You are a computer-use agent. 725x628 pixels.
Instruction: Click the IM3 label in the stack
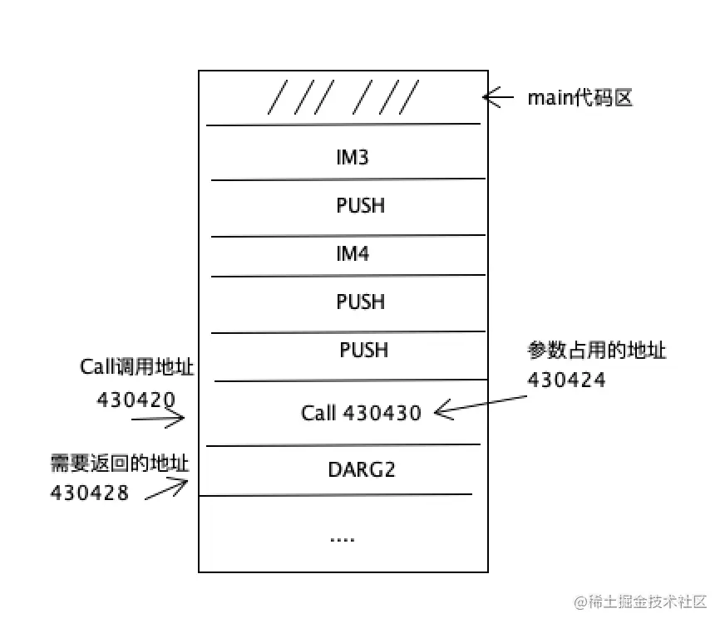[352, 157]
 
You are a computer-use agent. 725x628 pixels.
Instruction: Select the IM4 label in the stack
[352, 254]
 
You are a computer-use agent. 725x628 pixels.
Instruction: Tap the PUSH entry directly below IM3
[360, 205]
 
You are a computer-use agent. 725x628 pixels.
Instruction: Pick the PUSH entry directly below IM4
[360, 301]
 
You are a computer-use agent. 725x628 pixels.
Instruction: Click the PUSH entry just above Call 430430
[364, 350]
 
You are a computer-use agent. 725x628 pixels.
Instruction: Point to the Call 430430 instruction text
[361, 413]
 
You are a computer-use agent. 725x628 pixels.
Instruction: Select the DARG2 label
[361, 469]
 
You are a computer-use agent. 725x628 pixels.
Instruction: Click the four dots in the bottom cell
[342, 539]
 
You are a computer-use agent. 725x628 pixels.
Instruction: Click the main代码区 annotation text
[580, 98]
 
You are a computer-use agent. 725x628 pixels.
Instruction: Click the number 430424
[566, 380]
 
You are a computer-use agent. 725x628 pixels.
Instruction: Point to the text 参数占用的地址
[596, 351]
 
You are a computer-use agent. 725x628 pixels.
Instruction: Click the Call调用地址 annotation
[137, 367]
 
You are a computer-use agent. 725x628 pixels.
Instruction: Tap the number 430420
[136, 400]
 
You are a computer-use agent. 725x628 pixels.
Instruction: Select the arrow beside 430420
[158, 419]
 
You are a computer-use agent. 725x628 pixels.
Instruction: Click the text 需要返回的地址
[120, 464]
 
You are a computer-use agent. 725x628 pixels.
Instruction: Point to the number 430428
[90, 492]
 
